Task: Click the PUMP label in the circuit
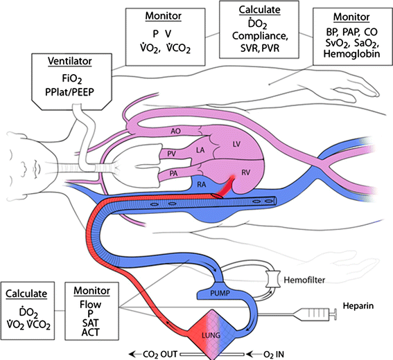click(220, 292)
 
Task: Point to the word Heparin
click(358, 306)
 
